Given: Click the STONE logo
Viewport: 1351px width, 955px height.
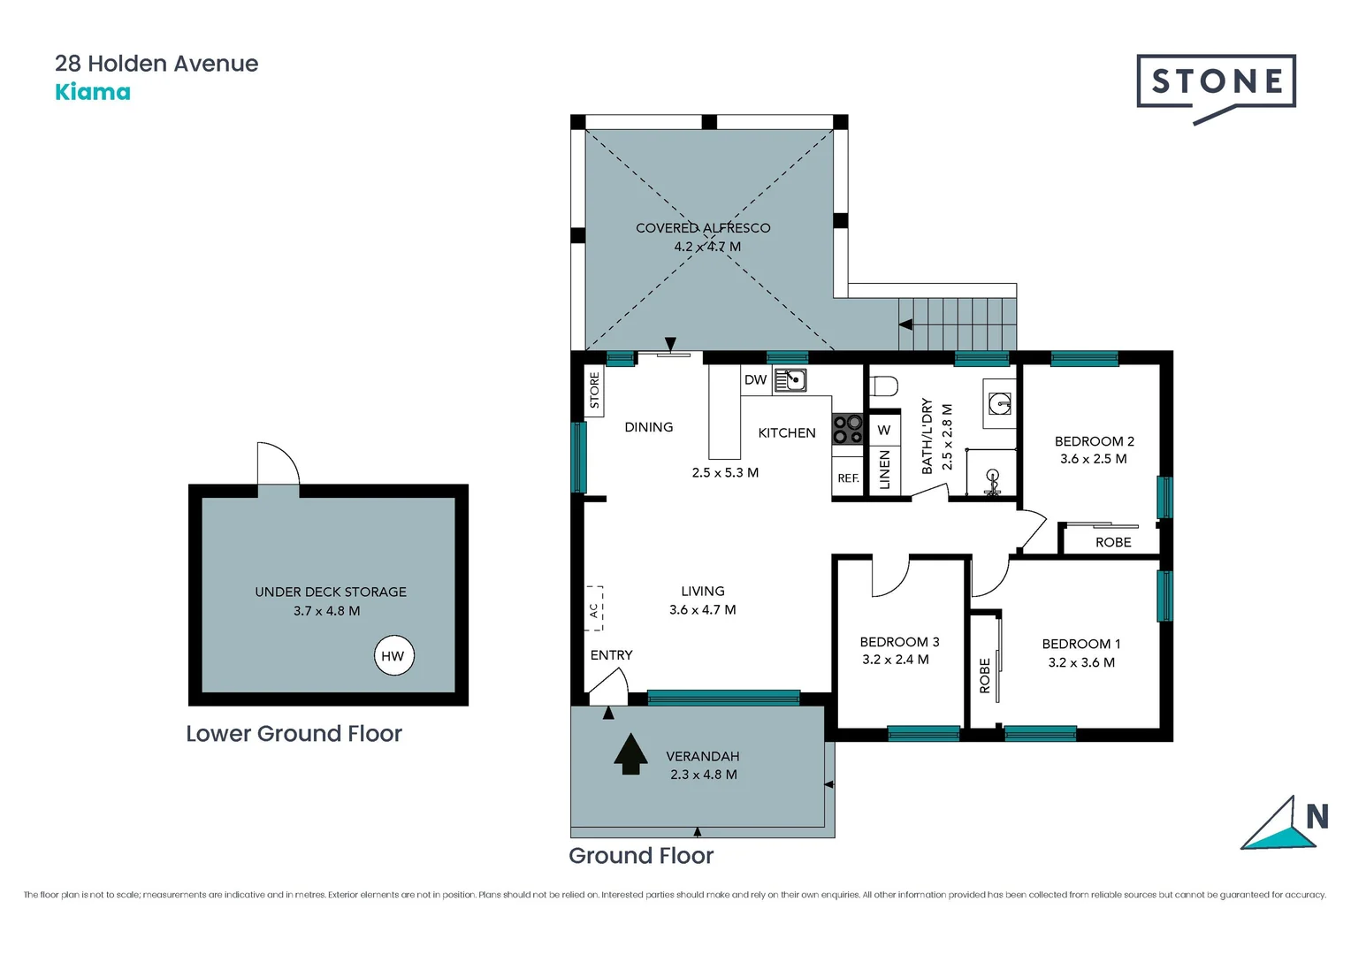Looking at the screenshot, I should [1216, 83].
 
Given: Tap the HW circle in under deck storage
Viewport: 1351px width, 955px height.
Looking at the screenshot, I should [393, 655].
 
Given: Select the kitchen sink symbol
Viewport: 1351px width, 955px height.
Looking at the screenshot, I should [790, 380].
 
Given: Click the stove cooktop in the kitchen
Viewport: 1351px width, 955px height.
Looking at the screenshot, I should [848, 430].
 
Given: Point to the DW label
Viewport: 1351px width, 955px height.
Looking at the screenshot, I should [755, 380].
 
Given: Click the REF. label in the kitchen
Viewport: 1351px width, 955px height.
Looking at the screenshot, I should [848, 478].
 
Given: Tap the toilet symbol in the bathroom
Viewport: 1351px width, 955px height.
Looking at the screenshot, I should [884, 386].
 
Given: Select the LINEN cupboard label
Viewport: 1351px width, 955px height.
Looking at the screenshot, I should [884, 470].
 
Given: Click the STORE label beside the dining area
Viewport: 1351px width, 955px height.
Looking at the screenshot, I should [594, 390].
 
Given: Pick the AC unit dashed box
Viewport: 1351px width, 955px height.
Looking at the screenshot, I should [594, 608].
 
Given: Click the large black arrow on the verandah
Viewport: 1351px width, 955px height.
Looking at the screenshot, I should [630, 754].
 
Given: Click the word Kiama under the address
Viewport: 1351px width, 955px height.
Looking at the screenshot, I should [93, 92].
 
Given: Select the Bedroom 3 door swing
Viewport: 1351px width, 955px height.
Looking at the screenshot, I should [890, 577].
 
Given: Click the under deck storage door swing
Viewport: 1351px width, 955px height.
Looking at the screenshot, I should [278, 464].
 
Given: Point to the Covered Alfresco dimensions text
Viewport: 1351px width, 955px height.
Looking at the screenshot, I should [707, 247].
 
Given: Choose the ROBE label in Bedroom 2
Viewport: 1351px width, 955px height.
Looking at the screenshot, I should [1113, 542].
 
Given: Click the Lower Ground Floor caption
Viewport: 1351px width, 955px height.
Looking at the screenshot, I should [294, 734].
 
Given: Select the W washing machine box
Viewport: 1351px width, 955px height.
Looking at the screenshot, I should [884, 431].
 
